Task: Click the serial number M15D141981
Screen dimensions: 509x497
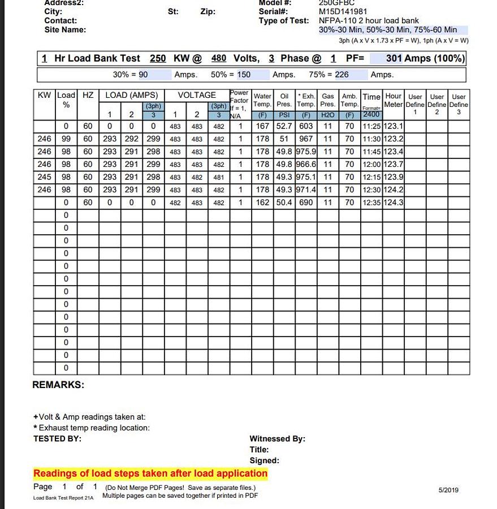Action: pos(343,11)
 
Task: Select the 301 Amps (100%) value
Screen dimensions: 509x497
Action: pos(425,58)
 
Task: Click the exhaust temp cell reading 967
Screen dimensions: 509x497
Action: pos(306,139)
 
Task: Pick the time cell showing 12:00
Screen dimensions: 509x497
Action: pos(371,165)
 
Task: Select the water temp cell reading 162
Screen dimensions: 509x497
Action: pos(262,202)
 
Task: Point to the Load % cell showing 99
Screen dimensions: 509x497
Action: pos(66,139)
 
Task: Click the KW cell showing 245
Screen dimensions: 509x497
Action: pos(44,177)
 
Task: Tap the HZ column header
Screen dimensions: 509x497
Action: pos(88,96)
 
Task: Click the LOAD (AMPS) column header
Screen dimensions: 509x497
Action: pos(132,96)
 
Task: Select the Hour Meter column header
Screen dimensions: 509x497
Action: pos(393,100)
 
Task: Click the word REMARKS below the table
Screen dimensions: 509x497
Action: pos(58,385)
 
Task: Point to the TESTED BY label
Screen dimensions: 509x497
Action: pos(57,438)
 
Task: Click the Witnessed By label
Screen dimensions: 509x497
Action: pos(277,438)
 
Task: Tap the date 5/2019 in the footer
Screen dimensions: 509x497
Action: pos(448,490)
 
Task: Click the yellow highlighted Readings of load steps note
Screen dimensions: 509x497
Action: pos(150,473)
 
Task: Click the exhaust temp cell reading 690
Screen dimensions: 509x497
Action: pos(306,202)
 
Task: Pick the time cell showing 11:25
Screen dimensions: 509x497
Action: pos(371,126)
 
